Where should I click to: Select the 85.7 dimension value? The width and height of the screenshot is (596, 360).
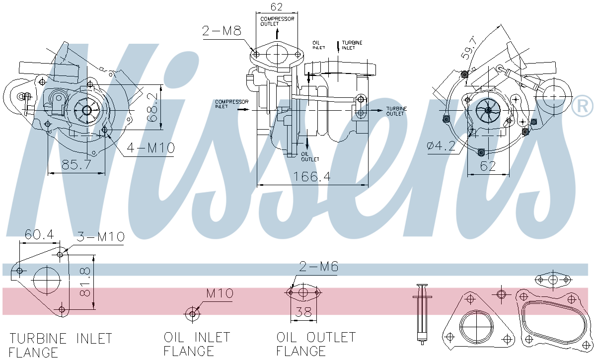(x=76, y=164)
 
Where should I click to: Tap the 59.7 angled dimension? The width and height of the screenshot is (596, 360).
(x=469, y=47)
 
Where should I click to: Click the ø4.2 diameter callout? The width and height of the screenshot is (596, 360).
(x=441, y=146)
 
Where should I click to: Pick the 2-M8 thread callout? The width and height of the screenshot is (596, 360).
(x=222, y=31)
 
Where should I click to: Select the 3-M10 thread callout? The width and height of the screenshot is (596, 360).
(x=100, y=237)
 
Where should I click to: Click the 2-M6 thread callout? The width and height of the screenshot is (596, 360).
(x=318, y=267)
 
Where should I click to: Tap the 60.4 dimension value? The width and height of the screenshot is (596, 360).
(x=39, y=234)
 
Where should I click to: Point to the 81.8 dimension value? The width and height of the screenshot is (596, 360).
(x=85, y=282)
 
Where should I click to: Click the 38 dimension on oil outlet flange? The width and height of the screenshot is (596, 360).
(x=304, y=312)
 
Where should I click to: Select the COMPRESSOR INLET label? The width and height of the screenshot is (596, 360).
(x=231, y=104)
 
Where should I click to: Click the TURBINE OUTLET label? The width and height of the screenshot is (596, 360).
(x=396, y=111)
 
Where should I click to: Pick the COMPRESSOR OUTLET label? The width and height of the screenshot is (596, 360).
(x=278, y=21)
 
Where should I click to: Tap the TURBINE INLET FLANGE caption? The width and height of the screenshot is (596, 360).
(x=61, y=345)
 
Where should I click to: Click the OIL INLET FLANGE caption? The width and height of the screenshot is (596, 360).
(x=197, y=344)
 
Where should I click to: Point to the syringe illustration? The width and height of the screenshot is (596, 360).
(x=422, y=313)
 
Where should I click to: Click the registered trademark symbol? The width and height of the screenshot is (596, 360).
(x=583, y=106)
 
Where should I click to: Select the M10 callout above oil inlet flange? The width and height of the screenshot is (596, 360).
(x=220, y=293)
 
